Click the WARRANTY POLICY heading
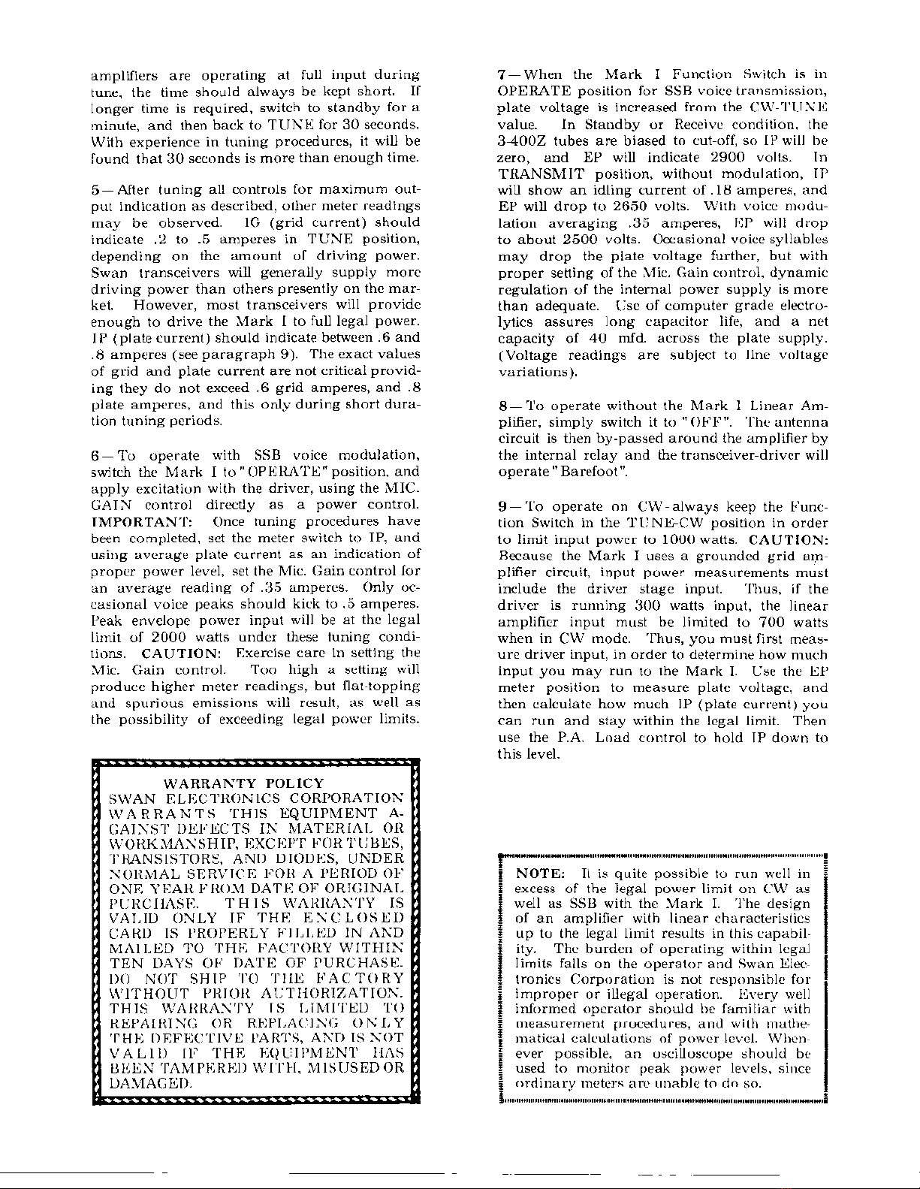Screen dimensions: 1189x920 click(243, 783)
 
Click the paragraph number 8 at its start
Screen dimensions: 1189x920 click(502, 406)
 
